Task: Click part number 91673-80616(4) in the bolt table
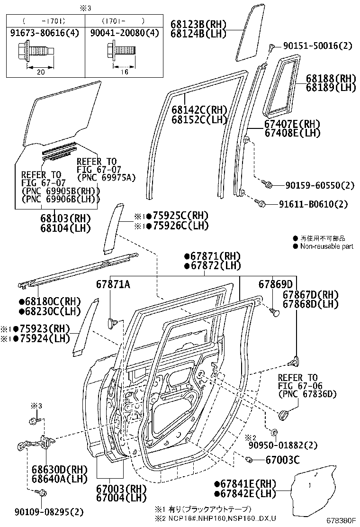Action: pyautogui.click(x=44, y=33)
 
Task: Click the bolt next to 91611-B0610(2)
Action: pyautogui.click(x=260, y=203)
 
